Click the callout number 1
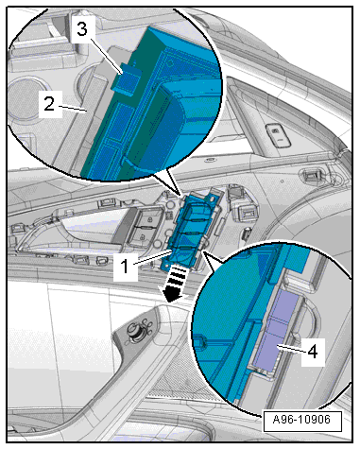[126, 267]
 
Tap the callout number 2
[49, 104]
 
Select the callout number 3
[82, 29]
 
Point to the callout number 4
[313, 351]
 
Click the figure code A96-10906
[301, 420]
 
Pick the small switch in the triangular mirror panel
[279, 134]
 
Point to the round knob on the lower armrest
[136, 332]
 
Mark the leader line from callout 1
[153, 257]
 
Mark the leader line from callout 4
[290, 349]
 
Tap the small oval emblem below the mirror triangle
[209, 160]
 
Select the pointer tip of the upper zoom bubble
[180, 196]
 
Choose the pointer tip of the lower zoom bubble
[204, 251]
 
